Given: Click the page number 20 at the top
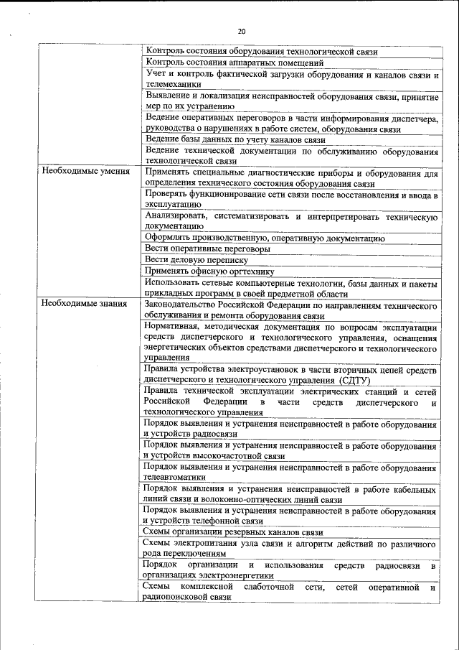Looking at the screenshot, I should tap(241, 31).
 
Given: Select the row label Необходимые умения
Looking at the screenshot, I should tap(85, 172).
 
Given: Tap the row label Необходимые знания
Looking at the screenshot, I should tap(84, 304).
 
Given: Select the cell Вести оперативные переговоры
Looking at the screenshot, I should tap(207, 249).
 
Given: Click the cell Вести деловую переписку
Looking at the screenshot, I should tap(196, 260).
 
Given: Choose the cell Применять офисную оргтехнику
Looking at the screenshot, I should tap(209, 271).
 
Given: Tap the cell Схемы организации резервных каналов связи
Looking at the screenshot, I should tap(232, 532).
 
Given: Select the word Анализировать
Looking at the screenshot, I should tap(179, 216).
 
